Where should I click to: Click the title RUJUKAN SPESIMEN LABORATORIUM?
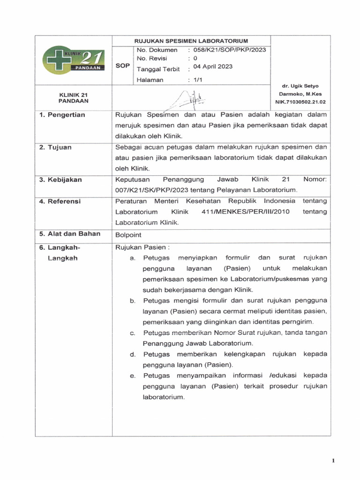pos(192,41)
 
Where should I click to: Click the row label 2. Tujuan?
pos(55,147)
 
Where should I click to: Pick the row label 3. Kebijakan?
pos(60,180)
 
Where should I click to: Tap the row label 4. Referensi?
pos(60,201)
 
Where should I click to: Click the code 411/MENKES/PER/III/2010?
pos(245,212)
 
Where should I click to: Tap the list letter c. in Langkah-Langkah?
pos(133,333)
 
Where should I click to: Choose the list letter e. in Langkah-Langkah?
pos(133,376)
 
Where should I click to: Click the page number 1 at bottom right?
pos(333,461)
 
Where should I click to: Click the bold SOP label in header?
pos(122,66)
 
